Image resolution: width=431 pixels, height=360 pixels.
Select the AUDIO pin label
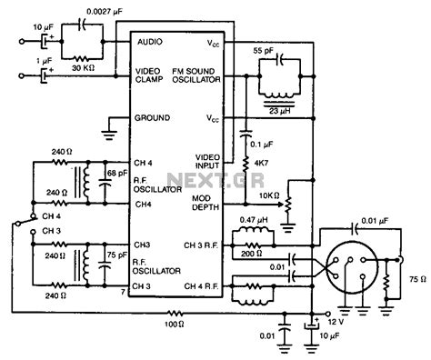[151, 42]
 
